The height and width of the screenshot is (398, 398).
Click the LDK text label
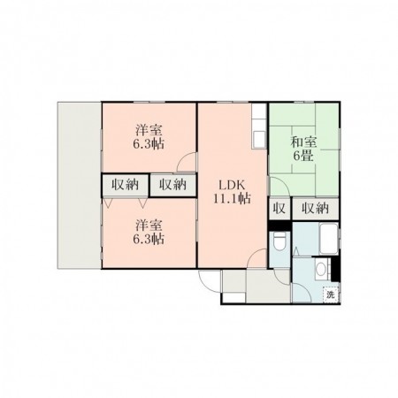[x=232, y=185]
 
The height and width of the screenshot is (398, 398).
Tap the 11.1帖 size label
[x=232, y=199]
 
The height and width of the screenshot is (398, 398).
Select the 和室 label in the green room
[x=303, y=142]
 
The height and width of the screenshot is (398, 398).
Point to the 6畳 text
[x=303, y=156]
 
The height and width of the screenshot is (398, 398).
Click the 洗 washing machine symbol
[x=331, y=295]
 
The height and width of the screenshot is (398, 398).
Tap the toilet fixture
[x=279, y=241]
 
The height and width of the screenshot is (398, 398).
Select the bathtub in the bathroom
[x=328, y=239]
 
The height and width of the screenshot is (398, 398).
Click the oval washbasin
[x=321, y=269]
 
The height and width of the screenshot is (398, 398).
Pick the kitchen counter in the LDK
[x=259, y=126]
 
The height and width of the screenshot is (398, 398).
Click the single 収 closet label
[x=279, y=209]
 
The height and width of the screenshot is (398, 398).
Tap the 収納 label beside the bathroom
[x=315, y=209]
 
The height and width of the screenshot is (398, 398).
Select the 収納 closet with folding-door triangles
[x=125, y=185]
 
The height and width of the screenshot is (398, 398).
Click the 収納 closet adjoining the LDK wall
[x=173, y=185]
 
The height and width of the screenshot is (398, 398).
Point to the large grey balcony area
[x=80, y=185]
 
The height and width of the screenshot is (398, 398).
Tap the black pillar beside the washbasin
[x=336, y=269]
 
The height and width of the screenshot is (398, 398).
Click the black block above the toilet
[x=279, y=226]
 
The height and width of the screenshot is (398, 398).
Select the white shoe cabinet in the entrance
[x=233, y=297]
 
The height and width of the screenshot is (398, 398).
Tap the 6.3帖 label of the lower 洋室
[x=149, y=239]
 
